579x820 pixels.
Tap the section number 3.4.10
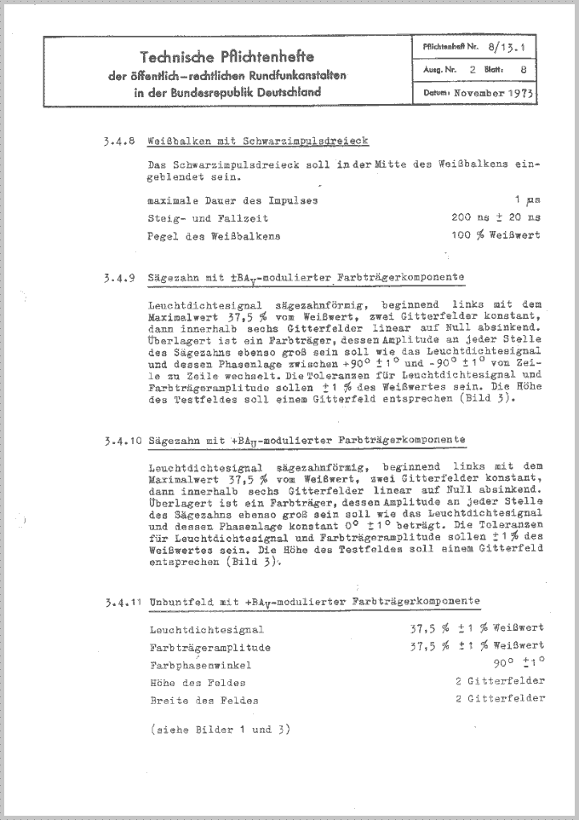[118, 441]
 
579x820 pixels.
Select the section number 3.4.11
[118, 603]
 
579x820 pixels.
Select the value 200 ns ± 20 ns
[495, 218]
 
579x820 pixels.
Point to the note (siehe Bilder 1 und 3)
[219, 730]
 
